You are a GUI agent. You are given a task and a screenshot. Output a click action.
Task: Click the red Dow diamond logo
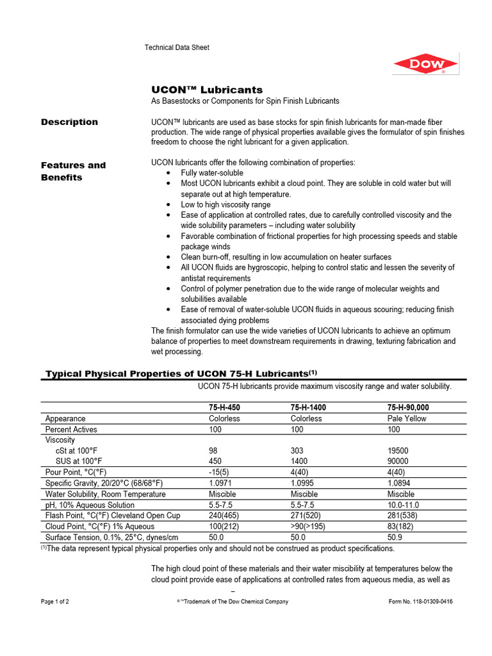pyautogui.click(x=425, y=64)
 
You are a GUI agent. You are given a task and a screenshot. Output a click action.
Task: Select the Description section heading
pyautogui.click(x=69, y=122)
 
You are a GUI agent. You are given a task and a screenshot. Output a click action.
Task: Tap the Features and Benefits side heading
pyautogui.click(x=73, y=171)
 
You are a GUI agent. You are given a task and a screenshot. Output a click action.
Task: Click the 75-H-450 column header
pyautogui.click(x=225, y=407)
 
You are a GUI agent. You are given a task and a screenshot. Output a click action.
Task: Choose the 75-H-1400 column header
pyautogui.click(x=309, y=407)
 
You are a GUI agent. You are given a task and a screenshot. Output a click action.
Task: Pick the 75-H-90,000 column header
pyautogui.click(x=408, y=407)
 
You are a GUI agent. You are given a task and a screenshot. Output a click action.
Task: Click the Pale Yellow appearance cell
pyautogui.click(x=407, y=418)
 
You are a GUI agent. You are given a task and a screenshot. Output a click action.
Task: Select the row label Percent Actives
pyautogui.click(x=71, y=429)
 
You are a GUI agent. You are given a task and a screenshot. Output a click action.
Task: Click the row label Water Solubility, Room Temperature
pyautogui.click(x=105, y=494)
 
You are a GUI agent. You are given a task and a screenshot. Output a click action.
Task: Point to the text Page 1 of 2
pyautogui.click(x=55, y=602)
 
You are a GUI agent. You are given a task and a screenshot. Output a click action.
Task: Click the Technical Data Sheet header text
pyautogui.click(x=177, y=47)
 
